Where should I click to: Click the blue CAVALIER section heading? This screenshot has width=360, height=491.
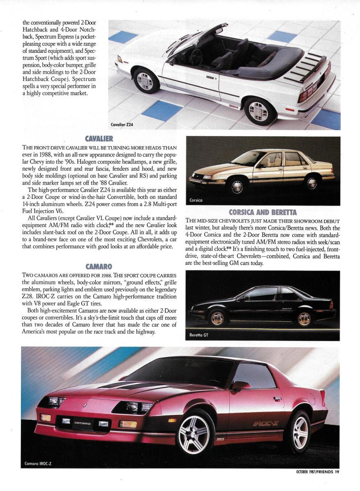(99, 139)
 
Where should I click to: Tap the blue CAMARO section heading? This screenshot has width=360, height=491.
(99, 266)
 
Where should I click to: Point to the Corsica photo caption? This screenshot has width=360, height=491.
(197, 200)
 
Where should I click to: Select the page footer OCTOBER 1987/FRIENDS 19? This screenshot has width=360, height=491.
(317, 472)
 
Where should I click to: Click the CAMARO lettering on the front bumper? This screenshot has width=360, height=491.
(82, 423)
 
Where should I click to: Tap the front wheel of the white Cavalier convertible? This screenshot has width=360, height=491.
(146, 81)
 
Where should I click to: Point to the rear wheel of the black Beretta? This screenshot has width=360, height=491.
(304, 318)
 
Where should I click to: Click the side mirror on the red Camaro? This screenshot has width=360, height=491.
(241, 385)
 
